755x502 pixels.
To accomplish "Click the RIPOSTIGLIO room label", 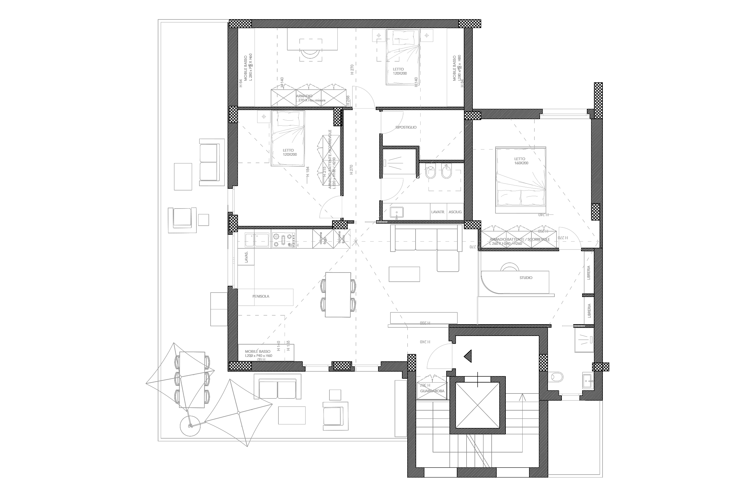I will tap(406, 127).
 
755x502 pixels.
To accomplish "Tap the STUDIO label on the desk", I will tap(526, 278).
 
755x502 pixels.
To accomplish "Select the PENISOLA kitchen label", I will tap(261, 296).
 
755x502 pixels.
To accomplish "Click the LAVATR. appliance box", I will tap(437, 212).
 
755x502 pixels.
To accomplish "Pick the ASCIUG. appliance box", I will tap(455, 212).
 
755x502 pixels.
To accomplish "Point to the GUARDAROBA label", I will tap(432, 391).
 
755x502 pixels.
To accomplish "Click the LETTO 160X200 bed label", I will tap(520, 161).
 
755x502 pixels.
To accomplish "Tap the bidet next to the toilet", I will tap(446, 171).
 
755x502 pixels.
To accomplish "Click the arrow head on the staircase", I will tap(522, 398).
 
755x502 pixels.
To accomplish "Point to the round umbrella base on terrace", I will tap(190, 426).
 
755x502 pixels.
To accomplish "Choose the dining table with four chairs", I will tap(338, 295).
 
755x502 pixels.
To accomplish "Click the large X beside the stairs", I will tap(477, 405).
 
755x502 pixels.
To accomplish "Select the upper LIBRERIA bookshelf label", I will tap(589, 273).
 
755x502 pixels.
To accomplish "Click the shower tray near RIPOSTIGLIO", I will tap(399, 161).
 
